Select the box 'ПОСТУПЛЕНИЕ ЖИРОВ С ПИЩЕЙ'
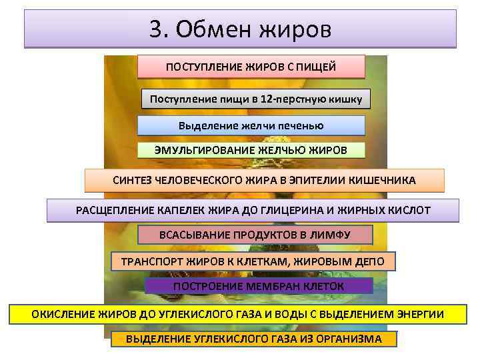[x=251, y=67]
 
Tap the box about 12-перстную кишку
[x=256, y=99]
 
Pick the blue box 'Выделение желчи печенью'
[x=251, y=126]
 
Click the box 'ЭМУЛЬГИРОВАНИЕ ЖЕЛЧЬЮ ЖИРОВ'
[x=251, y=150]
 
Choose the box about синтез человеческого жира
[x=264, y=181]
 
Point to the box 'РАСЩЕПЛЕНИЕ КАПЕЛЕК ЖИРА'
[x=253, y=211]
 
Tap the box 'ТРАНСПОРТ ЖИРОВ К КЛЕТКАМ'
[x=252, y=261]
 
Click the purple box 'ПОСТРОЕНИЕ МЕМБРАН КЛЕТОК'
[x=259, y=286]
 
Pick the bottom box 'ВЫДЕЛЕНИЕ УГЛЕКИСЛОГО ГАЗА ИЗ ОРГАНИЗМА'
[x=253, y=339]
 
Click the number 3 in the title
[x=156, y=30]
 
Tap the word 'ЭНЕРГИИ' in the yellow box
[x=421, y=314]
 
